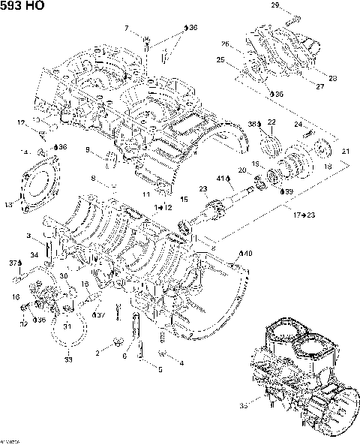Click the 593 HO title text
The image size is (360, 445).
22,6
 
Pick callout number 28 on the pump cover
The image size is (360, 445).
334,77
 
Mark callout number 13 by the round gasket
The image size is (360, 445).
9,203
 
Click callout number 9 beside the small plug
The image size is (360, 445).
88,151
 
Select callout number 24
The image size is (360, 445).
298,123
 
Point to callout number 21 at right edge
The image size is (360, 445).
345,152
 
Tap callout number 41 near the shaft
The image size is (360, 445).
222,179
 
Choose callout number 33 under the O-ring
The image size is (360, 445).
68,361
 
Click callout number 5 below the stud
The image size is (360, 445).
160,369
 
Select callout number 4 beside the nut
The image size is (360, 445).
181,362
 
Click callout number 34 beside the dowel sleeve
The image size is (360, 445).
34,255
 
